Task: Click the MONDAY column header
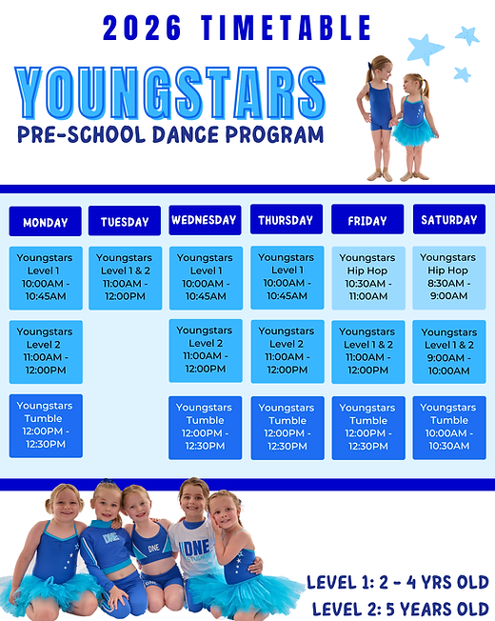[x=46, y=222]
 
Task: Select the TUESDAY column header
[x=125, y=222]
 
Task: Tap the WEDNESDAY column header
[x=205, y=220]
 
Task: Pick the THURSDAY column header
[x=287, y=220]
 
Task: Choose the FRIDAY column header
[x=367, y=220]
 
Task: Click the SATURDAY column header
[x=448, y=220]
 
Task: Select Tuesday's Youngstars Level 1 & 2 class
[x=125, y=277]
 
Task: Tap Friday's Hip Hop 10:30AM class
[x=367, y=277]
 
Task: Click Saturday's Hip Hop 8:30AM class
[x=448, y=277]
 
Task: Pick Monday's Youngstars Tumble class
[x=46, y=425]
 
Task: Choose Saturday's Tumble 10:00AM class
[x=448, y=427]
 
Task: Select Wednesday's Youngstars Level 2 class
[x=205, y=351]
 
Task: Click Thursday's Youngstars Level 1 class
[x=287, y=277]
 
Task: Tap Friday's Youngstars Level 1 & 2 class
[x=367, y=351]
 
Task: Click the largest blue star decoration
[x=425, y=48]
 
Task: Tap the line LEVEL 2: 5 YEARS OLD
[x=400, y=608]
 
